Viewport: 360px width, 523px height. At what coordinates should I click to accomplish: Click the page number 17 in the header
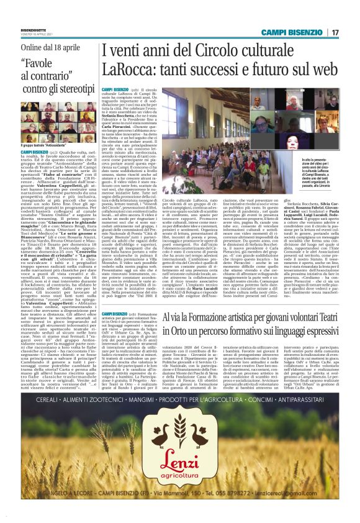(x=335, y=32)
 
